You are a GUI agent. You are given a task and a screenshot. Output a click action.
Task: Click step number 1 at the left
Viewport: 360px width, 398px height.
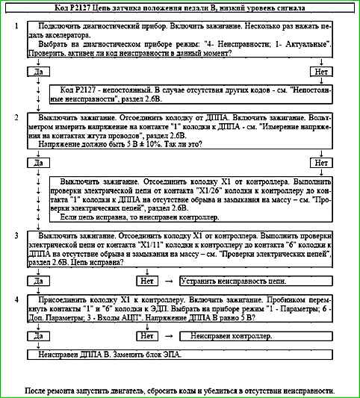tap(16, 25)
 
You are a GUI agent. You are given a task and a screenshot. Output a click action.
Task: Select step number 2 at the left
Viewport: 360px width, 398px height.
tap(16, 118)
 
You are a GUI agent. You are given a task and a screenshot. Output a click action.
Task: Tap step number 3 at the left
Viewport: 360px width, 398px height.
tap(16, 236)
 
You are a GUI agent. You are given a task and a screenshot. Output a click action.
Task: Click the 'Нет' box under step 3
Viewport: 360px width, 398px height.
tap(147, 281)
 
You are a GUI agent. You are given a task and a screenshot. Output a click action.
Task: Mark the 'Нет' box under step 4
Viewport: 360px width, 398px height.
tap(147, 337)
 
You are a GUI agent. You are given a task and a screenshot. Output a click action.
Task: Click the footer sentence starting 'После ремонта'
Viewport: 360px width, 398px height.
tap(180, 391)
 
